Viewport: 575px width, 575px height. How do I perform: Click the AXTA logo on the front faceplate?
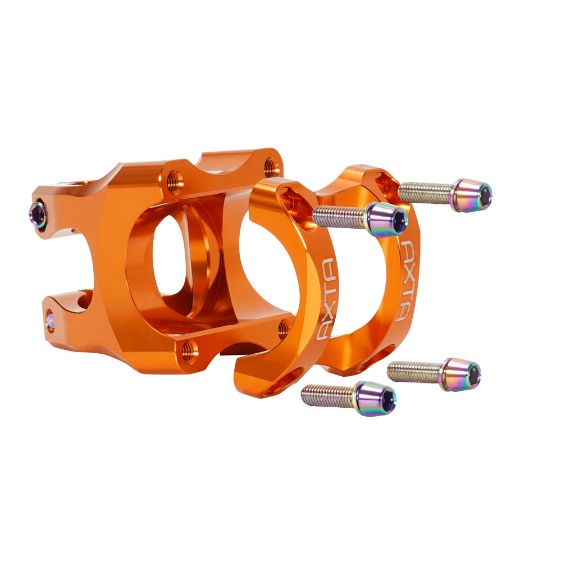[327, 299]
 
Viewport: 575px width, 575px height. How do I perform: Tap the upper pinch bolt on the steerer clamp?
[38, 215]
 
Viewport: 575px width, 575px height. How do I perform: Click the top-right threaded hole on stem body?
[271, 166]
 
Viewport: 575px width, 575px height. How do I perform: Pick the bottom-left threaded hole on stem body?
[189, 352]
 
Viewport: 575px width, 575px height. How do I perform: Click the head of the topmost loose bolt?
[472, 195]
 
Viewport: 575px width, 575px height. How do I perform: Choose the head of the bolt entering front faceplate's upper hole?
[387, 220]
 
